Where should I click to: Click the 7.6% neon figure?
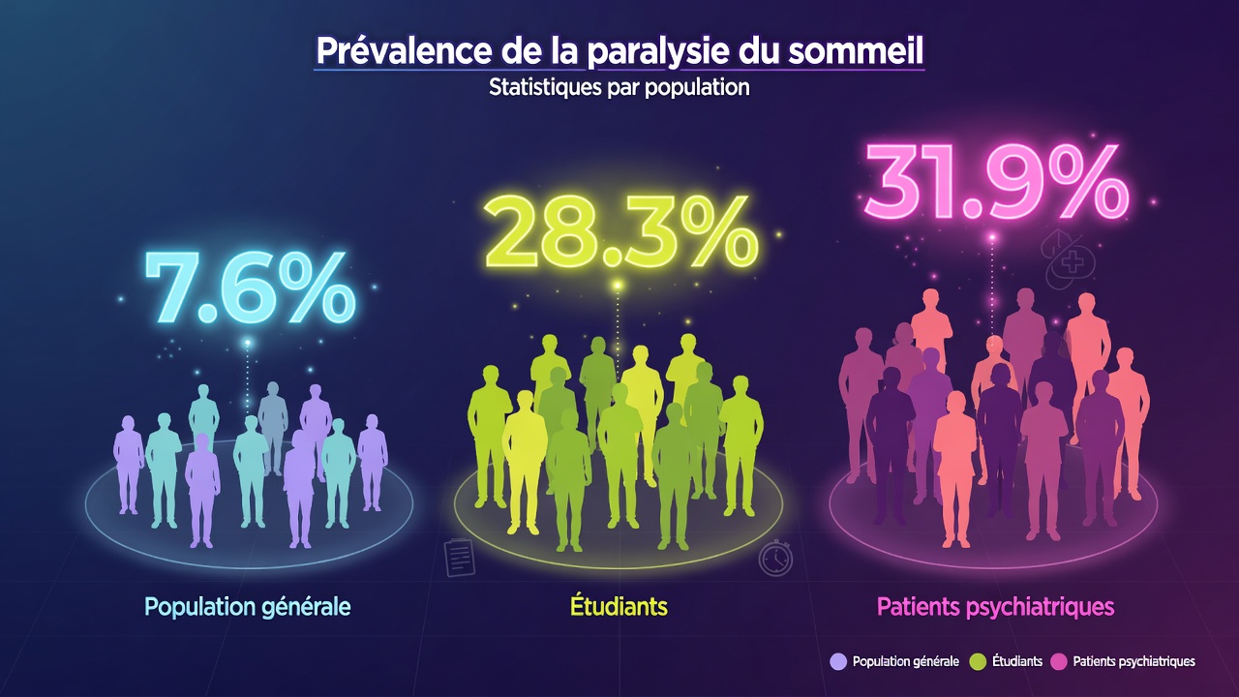point(250,288)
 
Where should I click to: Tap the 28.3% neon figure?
point(620,233)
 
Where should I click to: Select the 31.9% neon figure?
point(996,181)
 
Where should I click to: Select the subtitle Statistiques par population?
point(619,87)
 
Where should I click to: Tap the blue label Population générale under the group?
point(248,607)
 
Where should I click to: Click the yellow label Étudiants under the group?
point(619,607)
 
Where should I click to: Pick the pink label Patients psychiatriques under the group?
point(995,607)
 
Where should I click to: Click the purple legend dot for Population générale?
point(839,661)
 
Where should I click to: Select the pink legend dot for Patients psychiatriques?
point(1059,661)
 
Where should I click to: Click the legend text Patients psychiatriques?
point(1133,661)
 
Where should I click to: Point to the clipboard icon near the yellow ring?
point(460,559)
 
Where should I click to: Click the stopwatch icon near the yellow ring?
point(775,558)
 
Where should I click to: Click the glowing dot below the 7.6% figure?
point(248,342)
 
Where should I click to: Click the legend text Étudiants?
point(1016,661)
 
